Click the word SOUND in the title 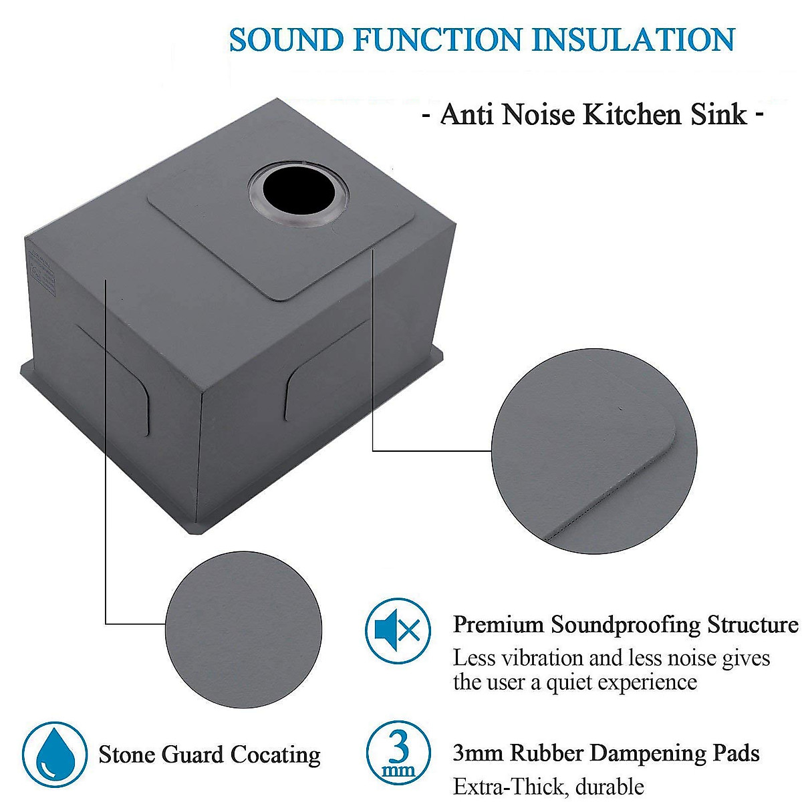285,40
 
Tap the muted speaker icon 397,630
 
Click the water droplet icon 55,755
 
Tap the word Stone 128,755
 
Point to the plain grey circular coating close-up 243,628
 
